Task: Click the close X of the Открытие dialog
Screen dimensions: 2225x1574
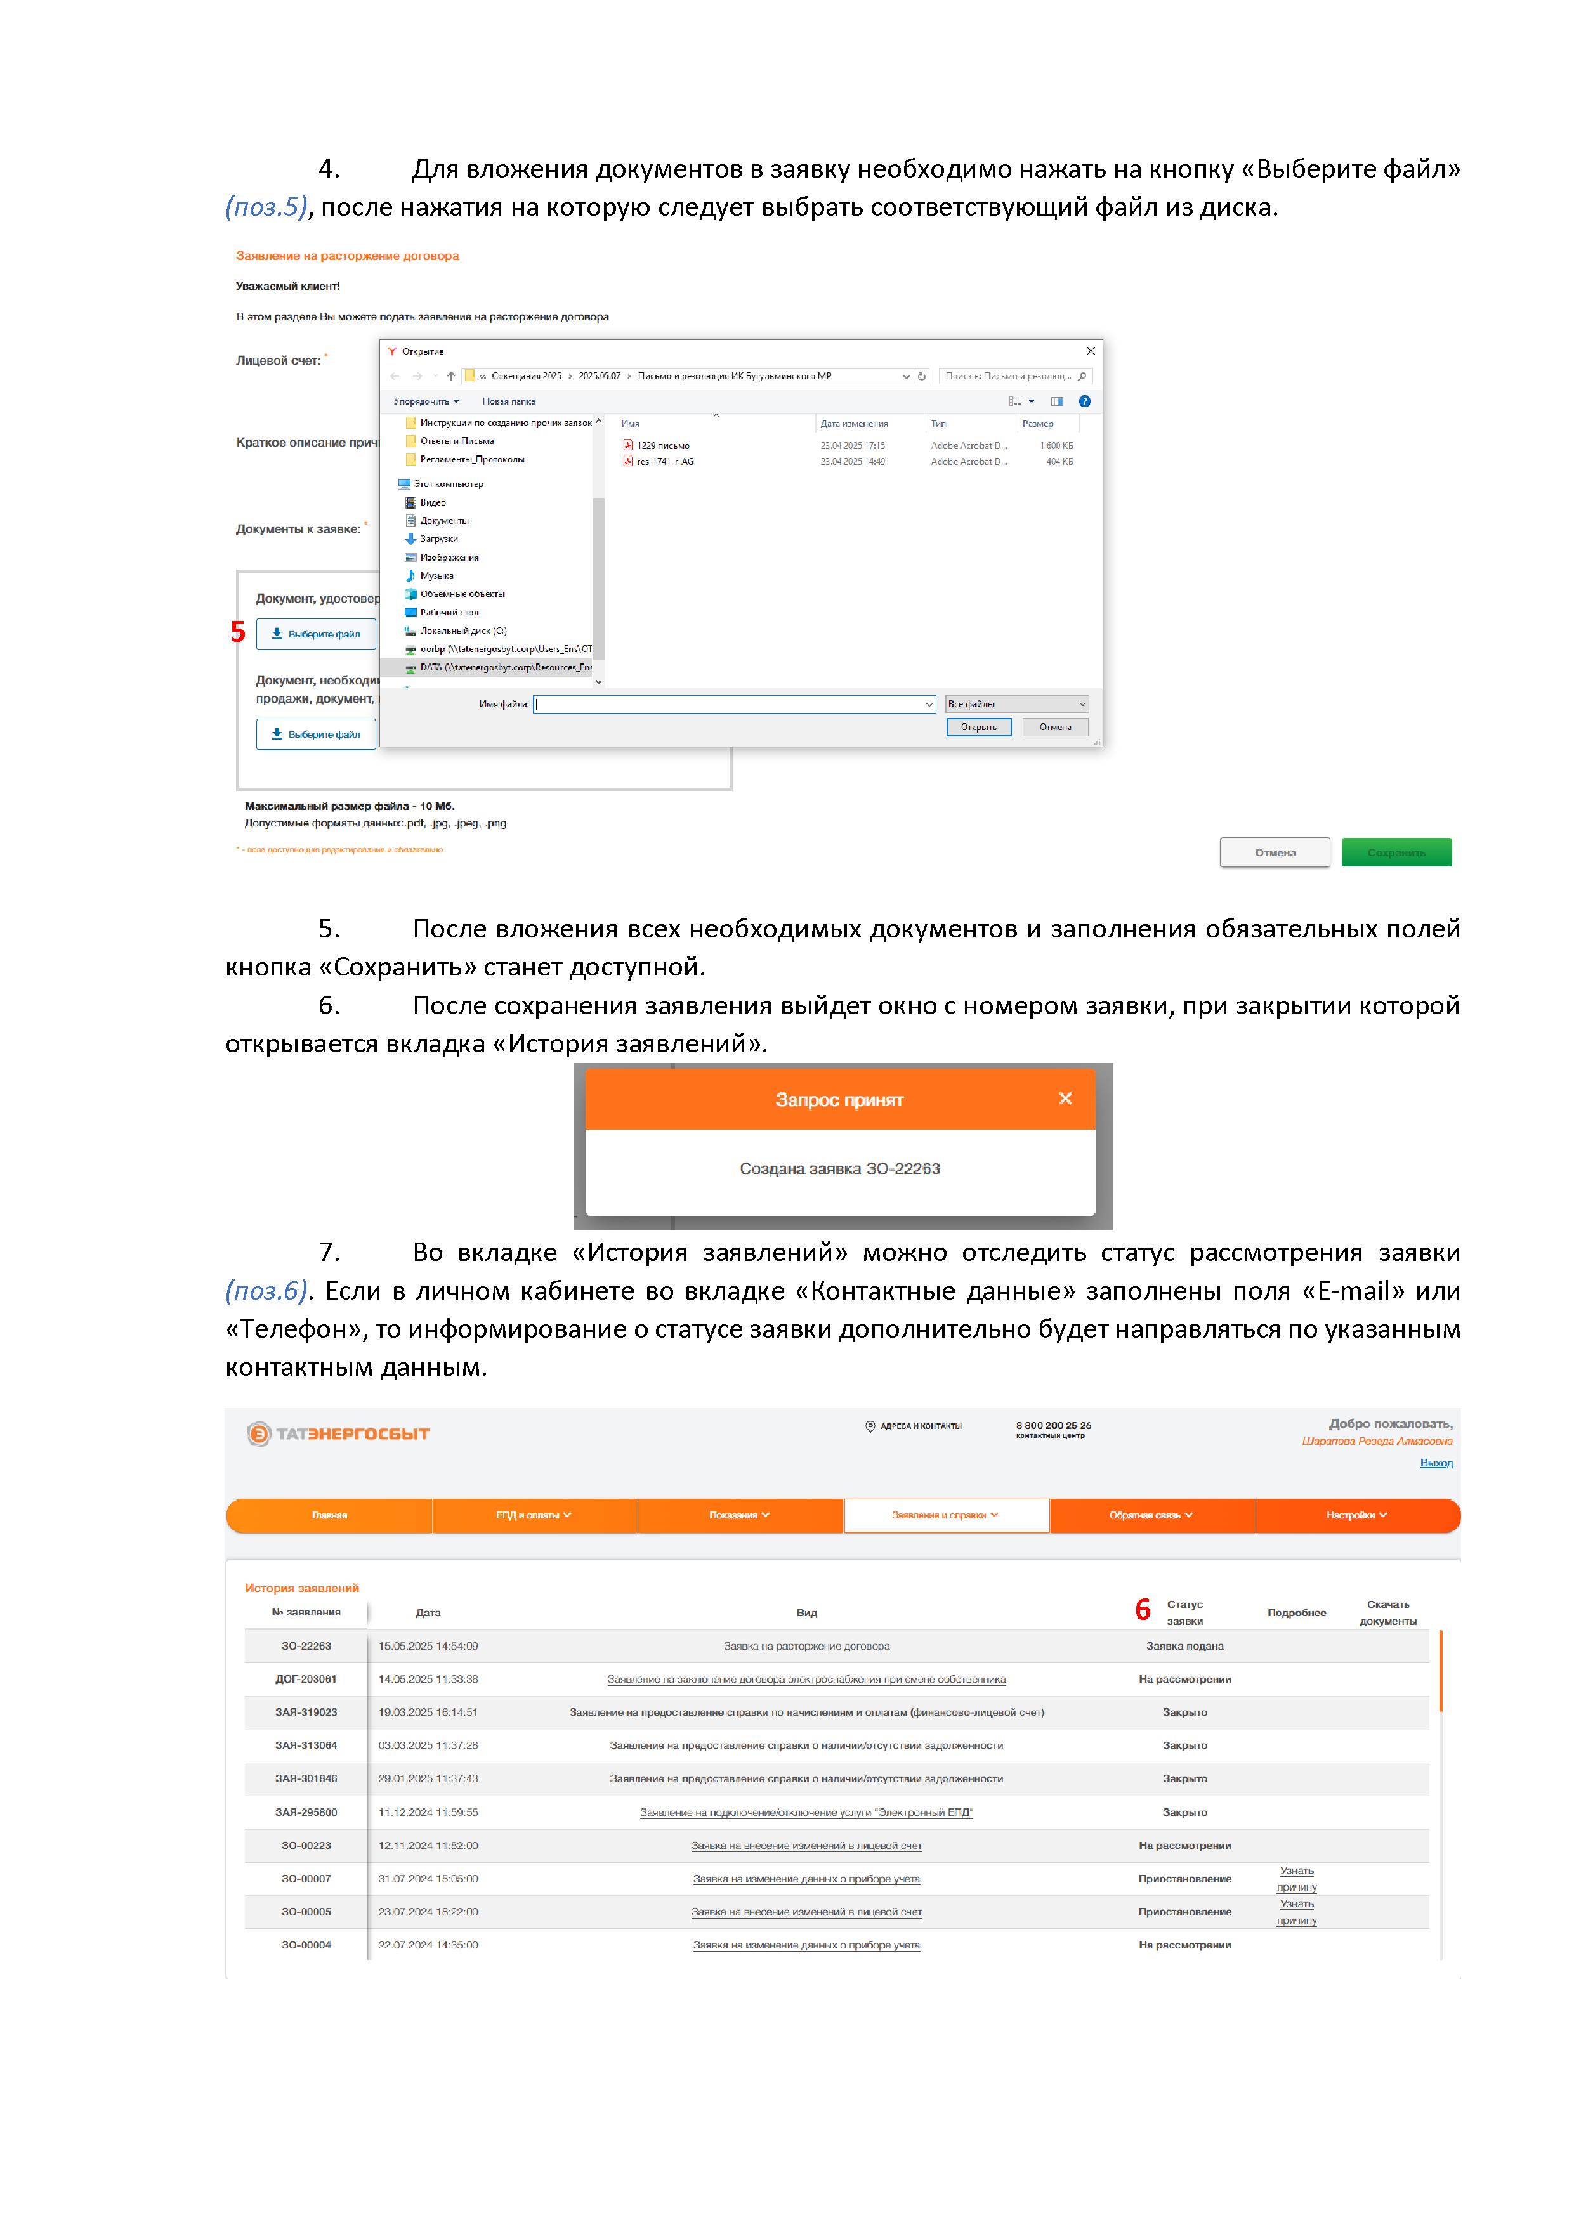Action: click(x=1091, y=351)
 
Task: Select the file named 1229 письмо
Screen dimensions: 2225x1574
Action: click(x=663, y=446)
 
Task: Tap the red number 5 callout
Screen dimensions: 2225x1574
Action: click(x=237, y=632)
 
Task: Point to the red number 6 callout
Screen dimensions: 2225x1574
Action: click(x=1143, y=1610)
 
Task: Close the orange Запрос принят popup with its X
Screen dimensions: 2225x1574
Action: click(x=1065, y=1098)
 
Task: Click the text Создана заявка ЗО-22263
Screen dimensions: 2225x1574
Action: click(x=839, y=1169)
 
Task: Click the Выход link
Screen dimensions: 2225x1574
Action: click(x=1436, y=1463)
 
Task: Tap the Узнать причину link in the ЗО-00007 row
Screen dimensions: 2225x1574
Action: click(x=1296, y=1878)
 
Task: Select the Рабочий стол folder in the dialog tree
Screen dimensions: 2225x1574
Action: click(x=449, y=613)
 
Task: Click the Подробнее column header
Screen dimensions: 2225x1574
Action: click(x=1296, y=1612)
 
